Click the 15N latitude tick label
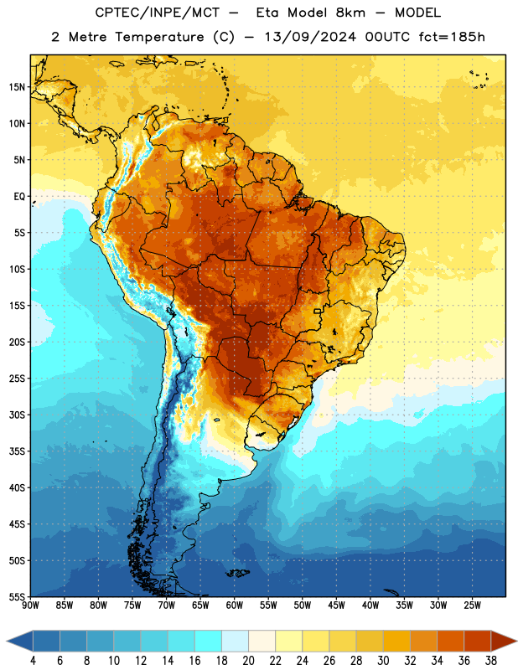click(17, 87)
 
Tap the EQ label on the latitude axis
click(19, 197)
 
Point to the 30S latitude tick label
click(17, 415)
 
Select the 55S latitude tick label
click(17, 596)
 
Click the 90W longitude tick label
click(30, 606)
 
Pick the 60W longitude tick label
click(235, 606)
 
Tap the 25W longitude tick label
click(472, 606)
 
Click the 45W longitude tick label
click(336, 606)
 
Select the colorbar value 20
click(248, 661)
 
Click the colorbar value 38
click(491, 661)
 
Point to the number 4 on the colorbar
click(33, 661)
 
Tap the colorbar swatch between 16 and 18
click(209, 641)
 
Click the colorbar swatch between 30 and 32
click(397, 641)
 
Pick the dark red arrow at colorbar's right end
click(503, 641)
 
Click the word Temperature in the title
click(159, 37)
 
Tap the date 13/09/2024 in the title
click(310, 37)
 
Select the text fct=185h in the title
click(452, 37)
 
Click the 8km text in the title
click(350, 13)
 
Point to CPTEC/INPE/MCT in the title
click(158, 13)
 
